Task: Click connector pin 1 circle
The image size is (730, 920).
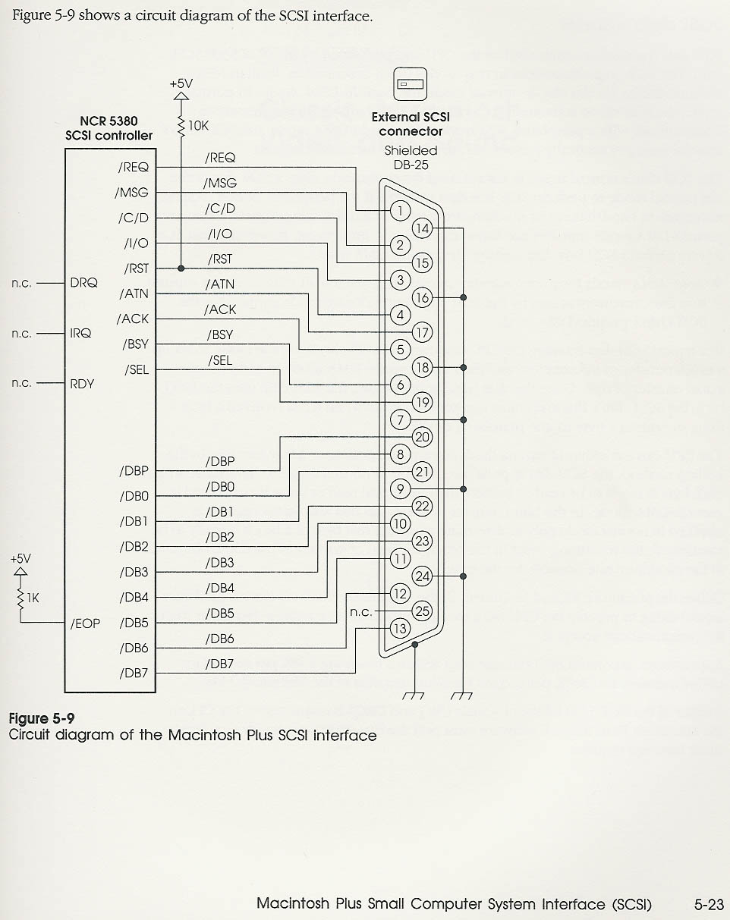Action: tap(400, 210)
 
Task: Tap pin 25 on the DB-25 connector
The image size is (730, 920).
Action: tap(422, 611)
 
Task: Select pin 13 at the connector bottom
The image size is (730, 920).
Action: tap(400, 628)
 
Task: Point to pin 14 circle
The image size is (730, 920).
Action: tap(422, 228)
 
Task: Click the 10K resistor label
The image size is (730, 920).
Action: tap(198, 126)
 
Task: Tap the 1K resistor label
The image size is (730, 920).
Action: tap(33, 598)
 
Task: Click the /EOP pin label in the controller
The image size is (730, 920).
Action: tap(85, 623)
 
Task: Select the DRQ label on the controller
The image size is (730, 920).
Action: tap(83, 283)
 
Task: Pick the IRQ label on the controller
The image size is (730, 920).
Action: tap(81, 333)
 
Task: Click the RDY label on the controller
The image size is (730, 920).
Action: tap(82, 384)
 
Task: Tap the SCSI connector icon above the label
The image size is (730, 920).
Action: tap(410, 83)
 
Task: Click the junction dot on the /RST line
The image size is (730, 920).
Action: tap(181, 268)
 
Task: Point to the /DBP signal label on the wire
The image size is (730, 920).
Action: tap(220, 461)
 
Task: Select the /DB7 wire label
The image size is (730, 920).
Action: tap(220, 664)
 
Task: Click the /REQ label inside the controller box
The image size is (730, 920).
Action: tap(134, 168)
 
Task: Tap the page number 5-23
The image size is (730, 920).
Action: tap(709, 904)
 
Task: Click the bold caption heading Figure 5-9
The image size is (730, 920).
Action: tap(42, 718)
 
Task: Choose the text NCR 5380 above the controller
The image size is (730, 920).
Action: tap(109, 121)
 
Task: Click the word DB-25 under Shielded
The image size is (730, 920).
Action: tap(411, 165)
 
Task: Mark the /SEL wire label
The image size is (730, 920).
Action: tap(220, 360)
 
